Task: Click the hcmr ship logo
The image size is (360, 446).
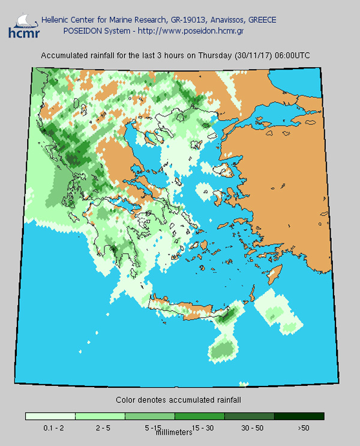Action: tap(22, 26)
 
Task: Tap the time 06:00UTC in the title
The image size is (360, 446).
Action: tap(292, 55)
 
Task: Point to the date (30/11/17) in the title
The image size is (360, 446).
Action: tap(253, 55)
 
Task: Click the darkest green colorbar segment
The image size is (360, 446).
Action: tap(299, 416)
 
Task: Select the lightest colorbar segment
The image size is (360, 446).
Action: tap(50, 416)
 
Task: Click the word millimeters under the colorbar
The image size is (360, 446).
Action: tap(174, 432)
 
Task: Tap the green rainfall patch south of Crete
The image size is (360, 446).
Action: tap(222, 349)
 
